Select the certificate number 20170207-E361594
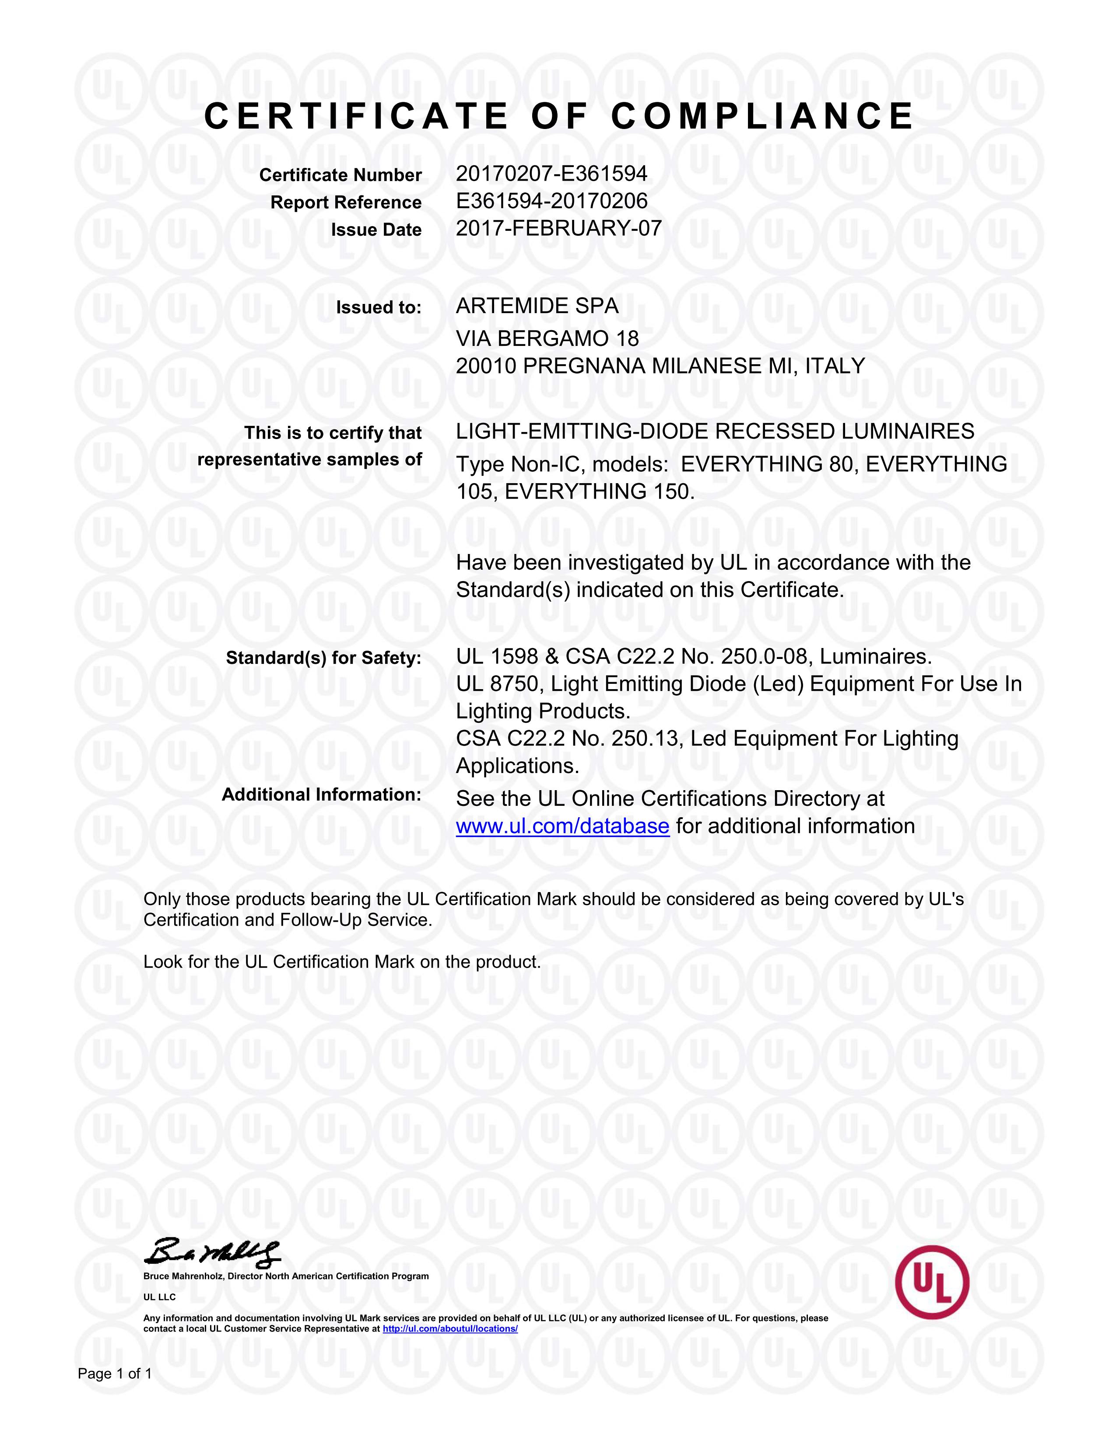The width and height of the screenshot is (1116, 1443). [x=551, y=174]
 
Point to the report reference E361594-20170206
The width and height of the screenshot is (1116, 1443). [x=551, y=201]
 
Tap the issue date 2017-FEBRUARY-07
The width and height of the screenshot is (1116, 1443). [x=559, y=229]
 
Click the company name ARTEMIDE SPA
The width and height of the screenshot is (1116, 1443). [x=537, y=306]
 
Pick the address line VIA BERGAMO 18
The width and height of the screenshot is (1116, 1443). [x=547, y=338]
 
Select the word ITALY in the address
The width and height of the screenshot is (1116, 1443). [x=834, y=366]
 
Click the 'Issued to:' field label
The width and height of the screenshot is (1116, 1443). [x=378, y=307]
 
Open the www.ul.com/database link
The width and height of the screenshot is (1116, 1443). [x=563, y=826]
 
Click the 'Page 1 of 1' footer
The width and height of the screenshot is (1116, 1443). [x=115, y=1373]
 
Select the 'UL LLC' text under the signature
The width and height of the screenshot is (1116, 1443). [x=159, y=1297]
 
